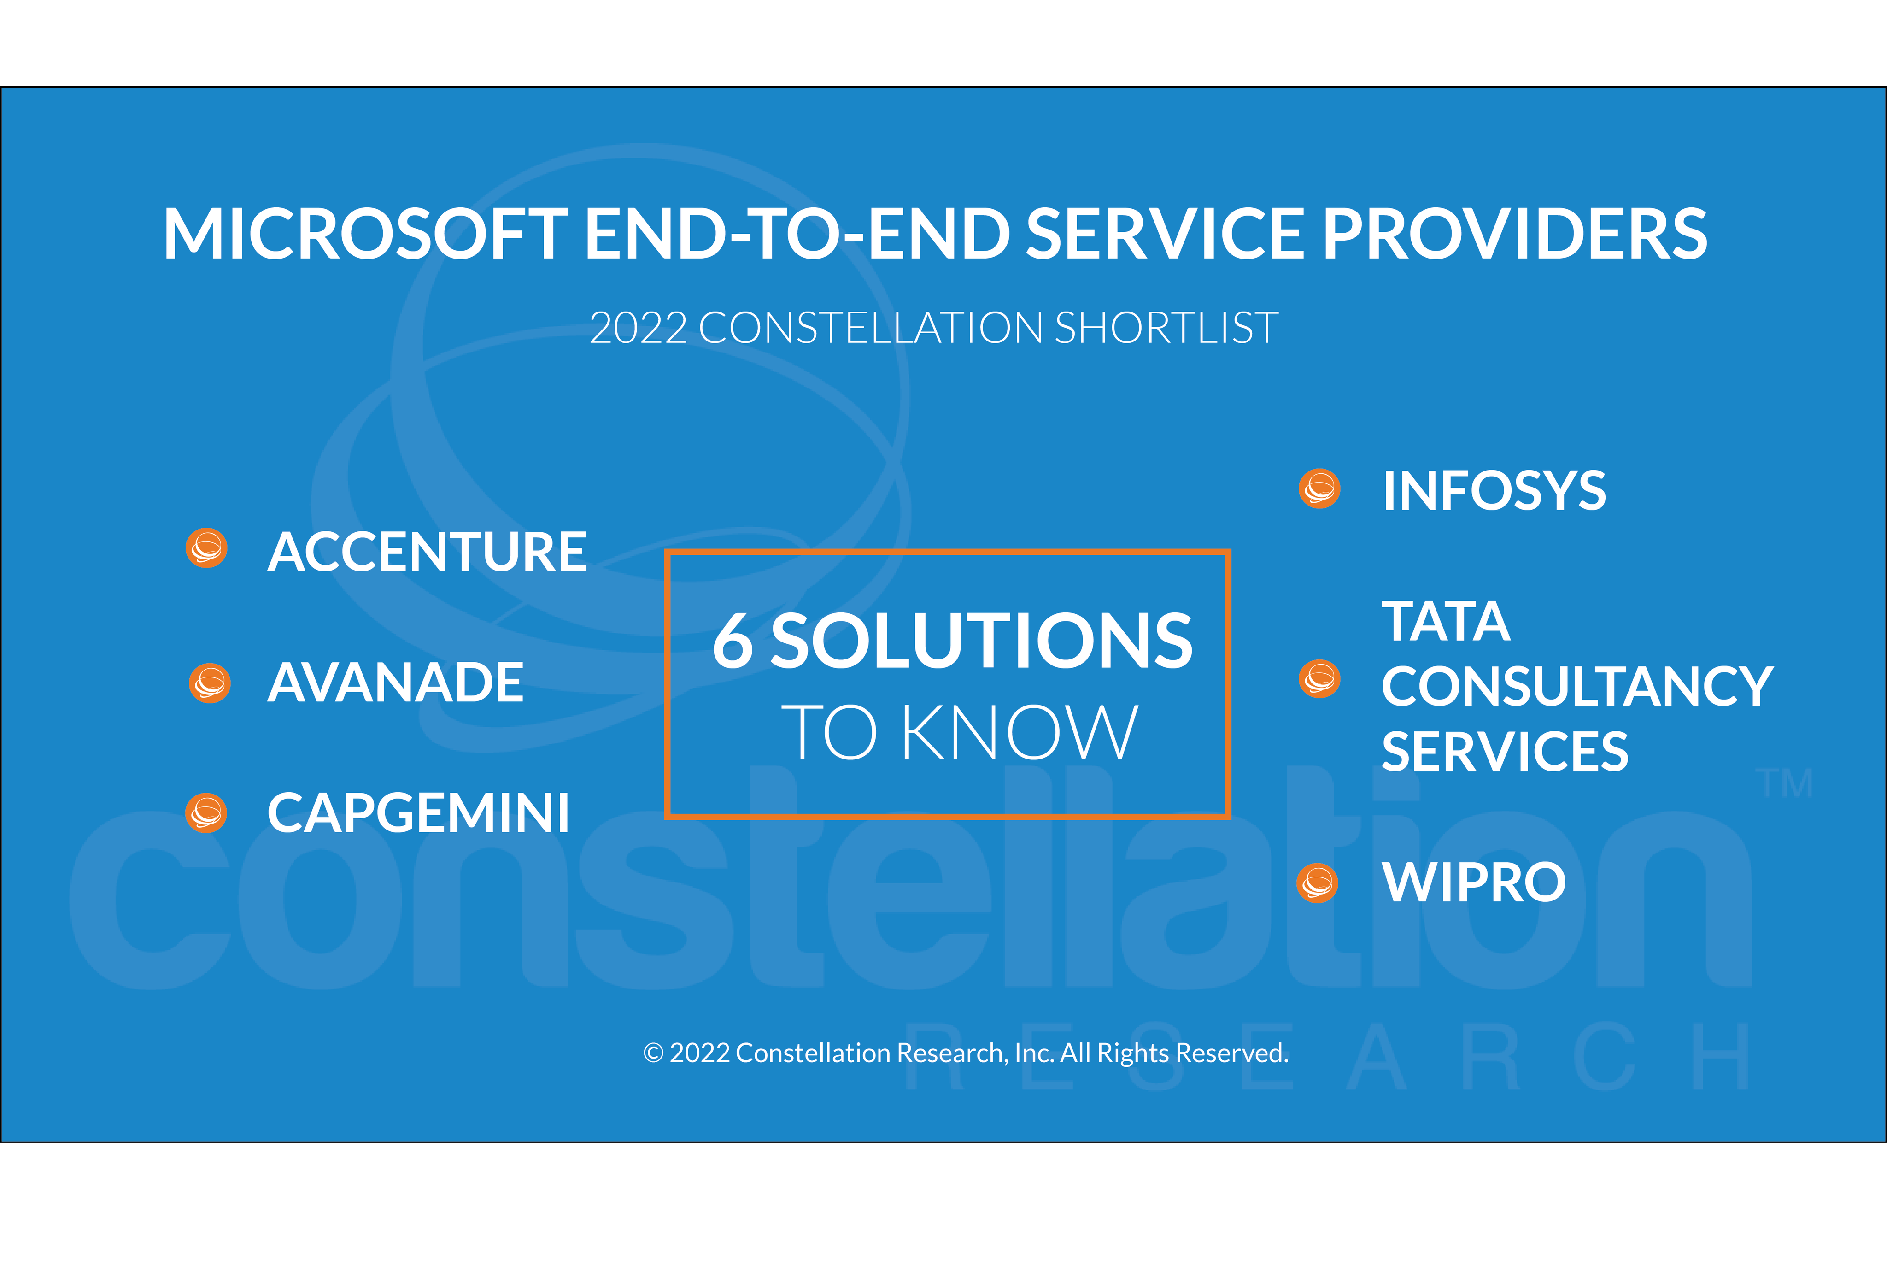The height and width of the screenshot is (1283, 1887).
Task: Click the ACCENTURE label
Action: pos(426,552)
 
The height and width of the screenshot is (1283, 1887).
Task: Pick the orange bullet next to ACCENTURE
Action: pos(206,548)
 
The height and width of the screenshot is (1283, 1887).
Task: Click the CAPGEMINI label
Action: pos(418,813)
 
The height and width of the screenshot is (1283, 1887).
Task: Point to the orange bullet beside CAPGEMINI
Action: pos(206,813)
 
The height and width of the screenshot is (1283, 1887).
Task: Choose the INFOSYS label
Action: pos(1494,491)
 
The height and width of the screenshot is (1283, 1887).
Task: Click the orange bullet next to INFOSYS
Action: pos(1319,489)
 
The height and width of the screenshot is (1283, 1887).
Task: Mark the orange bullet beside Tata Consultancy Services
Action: pos(1319,679)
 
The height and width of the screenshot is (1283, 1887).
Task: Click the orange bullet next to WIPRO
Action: pos(1317,883)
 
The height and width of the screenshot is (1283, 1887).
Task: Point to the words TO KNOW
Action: pos(960,732)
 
